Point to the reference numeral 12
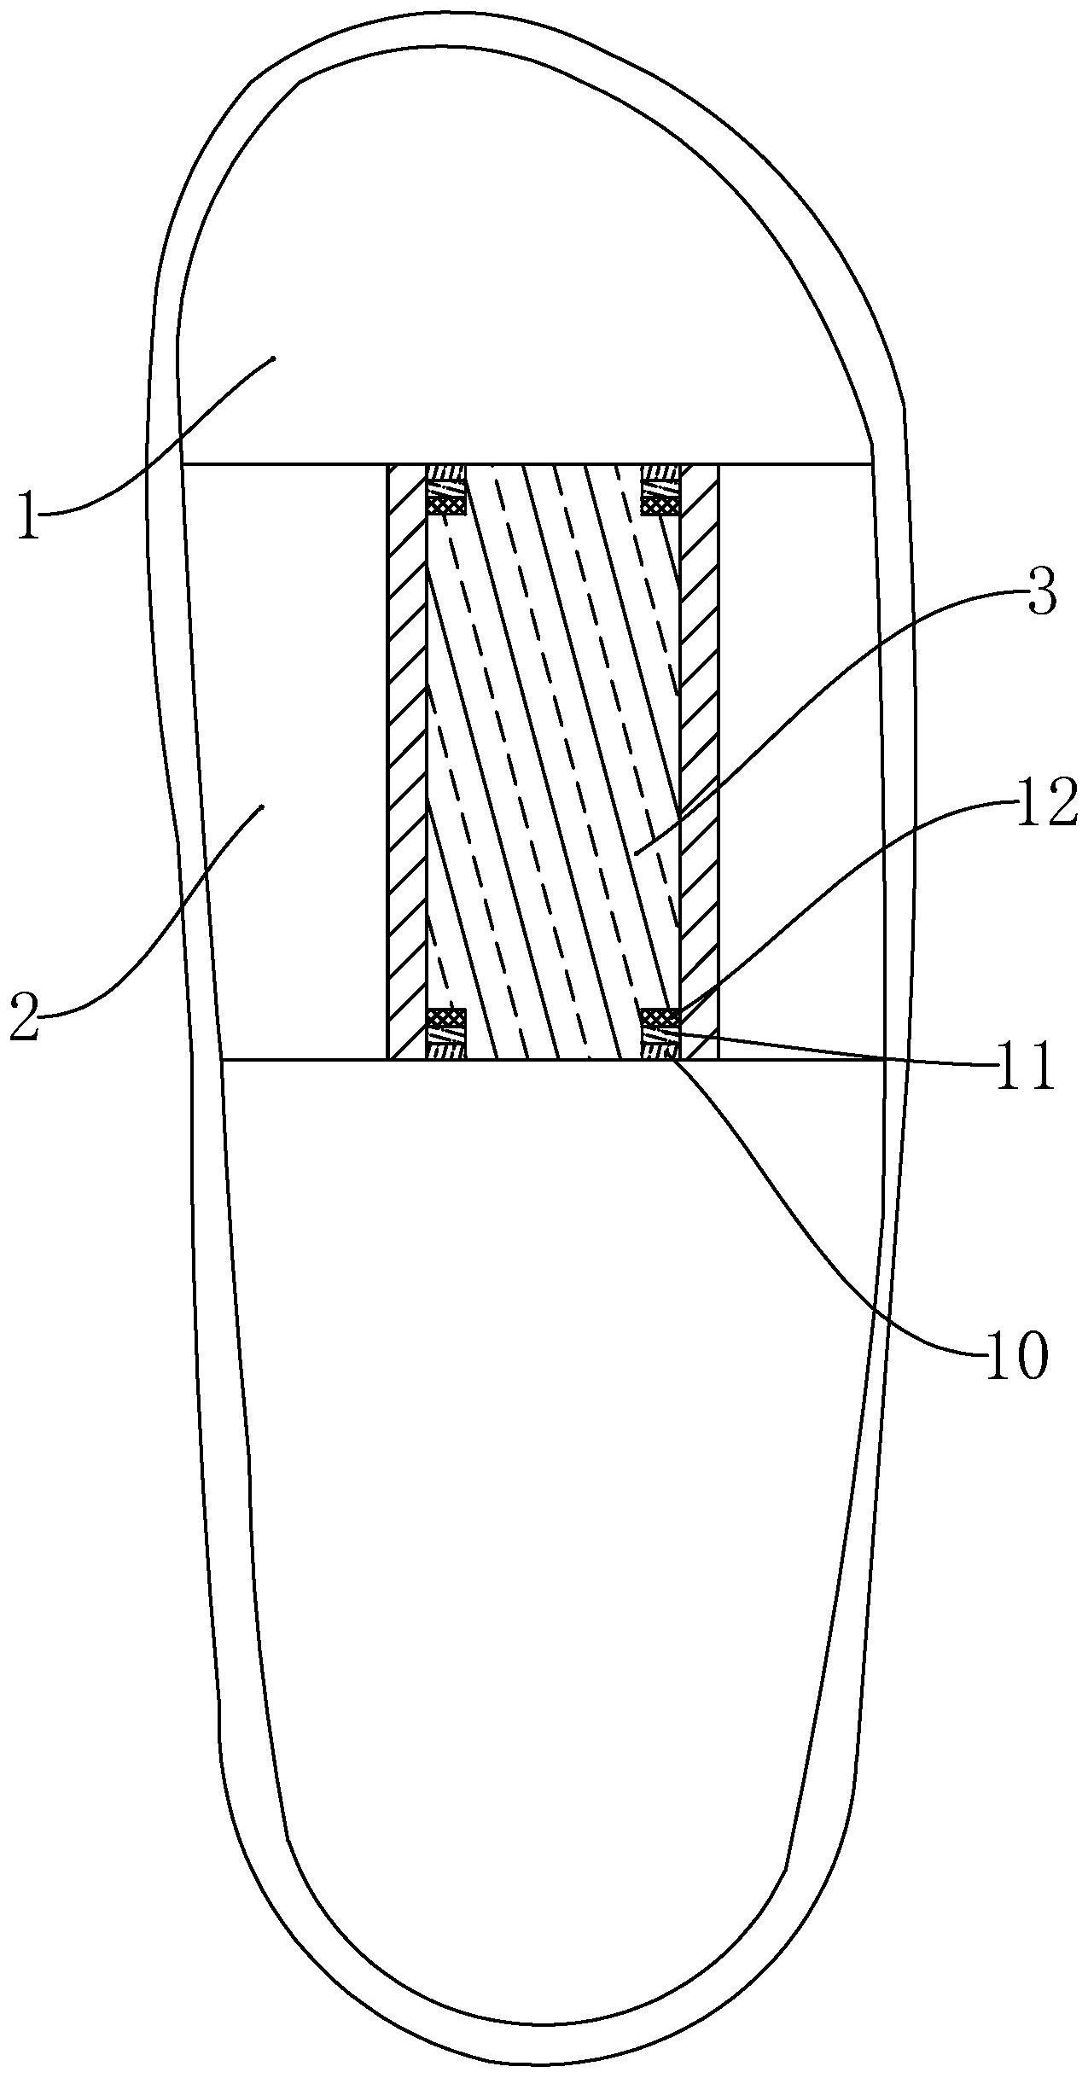(1046, 806)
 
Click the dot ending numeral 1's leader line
(273, 358)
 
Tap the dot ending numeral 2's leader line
(262, 806)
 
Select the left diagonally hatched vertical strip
(406, 762)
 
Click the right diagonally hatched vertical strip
(699, 762)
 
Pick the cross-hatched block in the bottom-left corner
(446, 1017)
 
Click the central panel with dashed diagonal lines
(553, 762)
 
